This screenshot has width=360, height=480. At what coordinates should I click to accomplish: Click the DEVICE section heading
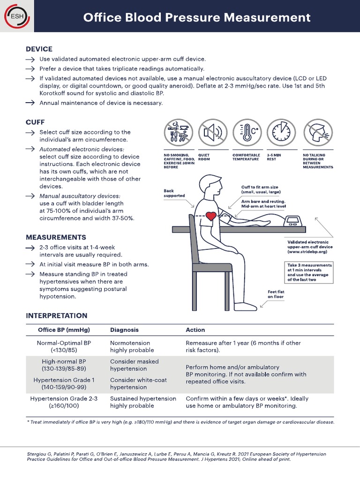click(x=39, y=49)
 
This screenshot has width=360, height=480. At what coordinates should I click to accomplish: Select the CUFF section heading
click(x=35, y=122)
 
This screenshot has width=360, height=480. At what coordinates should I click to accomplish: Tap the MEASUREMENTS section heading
click(x=56, y=237)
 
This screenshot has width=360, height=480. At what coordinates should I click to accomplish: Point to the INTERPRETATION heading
click(x=56, y=315)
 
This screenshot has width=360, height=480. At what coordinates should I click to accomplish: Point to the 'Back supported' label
click(x=174, y=193)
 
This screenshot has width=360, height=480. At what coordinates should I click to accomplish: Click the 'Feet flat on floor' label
click(x=276, y=294)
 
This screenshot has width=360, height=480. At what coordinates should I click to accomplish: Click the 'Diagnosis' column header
click(x=124, y=330)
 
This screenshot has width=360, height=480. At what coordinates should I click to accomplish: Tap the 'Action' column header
click(x=195, y=330)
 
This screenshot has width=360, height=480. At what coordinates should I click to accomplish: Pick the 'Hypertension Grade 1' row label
click(x=64, y=380)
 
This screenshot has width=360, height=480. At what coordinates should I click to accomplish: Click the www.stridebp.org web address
click(x=307, y=252)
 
